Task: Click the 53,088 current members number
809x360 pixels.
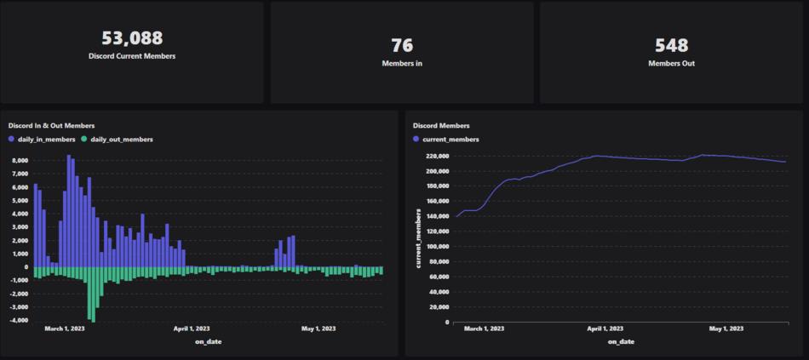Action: pyautogui.click(x=132, y=38)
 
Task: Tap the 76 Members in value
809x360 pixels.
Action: pyautogui.click(x=402, y=45)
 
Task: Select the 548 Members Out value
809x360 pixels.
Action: pyautogui.click(x=671, y=45)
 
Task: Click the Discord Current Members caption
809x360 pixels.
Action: pyautogui.click(x=132, y=56)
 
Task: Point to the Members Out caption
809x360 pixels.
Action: pyautogui.click(x=671, y=63)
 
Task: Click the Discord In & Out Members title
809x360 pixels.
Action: pyautogui.click(x=51, y=126)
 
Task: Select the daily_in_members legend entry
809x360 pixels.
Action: pyautogui.click(x=43, y=139)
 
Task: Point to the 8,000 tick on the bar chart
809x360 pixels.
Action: pyautogui.click(x=20, y=159)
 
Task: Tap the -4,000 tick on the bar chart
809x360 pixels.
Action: pyautogui.click(x=19, y=321)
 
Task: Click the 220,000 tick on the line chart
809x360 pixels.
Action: pyautogui.click(x=435, y=156)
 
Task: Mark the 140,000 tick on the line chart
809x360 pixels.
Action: pyautogui.click(x=435, y=216)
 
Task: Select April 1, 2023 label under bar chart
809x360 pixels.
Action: pyautogui.click(x=191, y=329)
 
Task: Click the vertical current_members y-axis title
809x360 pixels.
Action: pyautogui.click(x=418, y=238)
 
